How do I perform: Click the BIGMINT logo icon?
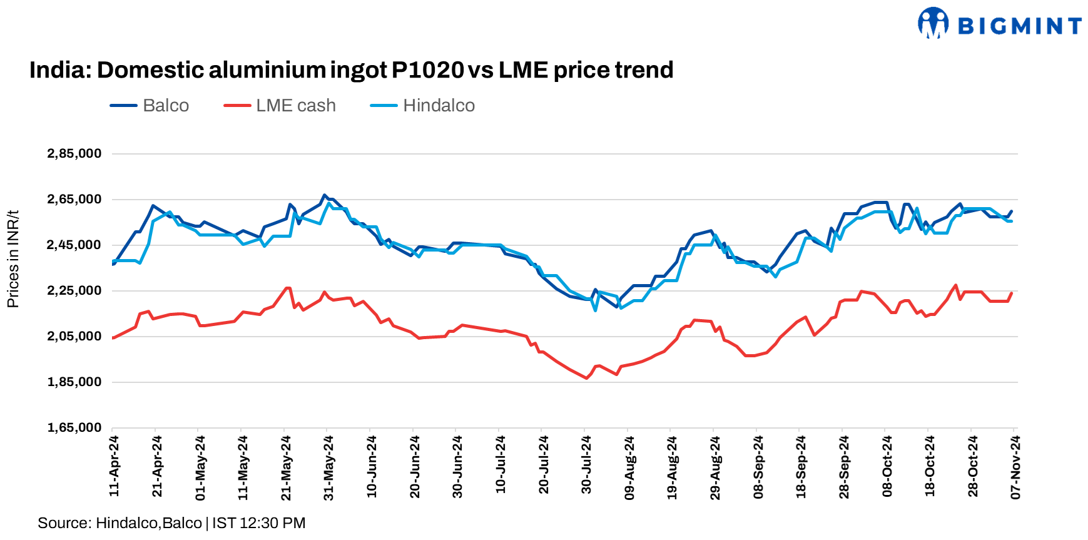tap(933, 23)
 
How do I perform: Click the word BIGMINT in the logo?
tap(1019, 26)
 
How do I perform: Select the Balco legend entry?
tap(165, 105)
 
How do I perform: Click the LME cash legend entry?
tap(295, 105)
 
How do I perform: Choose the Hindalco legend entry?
tap(438, 105)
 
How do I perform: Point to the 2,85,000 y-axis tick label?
tap(74, 153)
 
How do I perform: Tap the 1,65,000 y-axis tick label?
tap(74, 427)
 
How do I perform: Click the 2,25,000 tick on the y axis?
tap(74, 290)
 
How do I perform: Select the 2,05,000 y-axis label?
tap(74, 336)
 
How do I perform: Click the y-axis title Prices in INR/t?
tap(13, 259)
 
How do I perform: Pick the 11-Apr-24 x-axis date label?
tap(114, 466)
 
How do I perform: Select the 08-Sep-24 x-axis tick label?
tap(758, 467)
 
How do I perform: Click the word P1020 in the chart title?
tap(428, 69)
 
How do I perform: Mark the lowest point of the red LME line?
tap(586, 378)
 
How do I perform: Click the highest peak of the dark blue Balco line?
tap(323, 195)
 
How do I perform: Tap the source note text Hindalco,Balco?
tap(149, 523)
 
